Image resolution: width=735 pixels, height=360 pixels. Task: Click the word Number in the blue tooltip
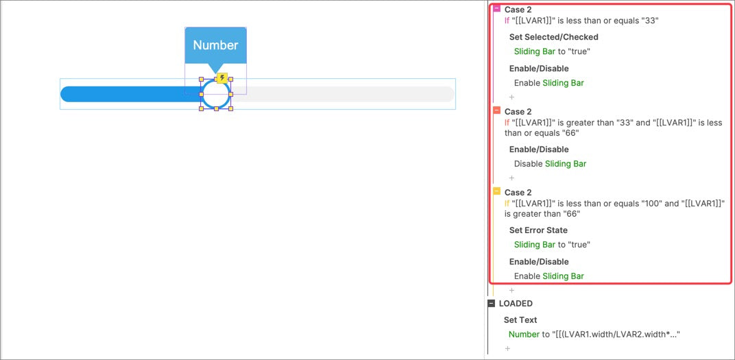click(x=215, y=45)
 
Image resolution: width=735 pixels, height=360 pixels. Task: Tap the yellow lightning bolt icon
click(x=222, y=77)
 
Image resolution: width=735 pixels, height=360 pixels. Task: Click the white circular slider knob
click(x=216, y=94)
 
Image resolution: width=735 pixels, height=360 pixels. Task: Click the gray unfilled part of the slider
click(x=342, y=94)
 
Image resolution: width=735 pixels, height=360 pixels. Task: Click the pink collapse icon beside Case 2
click(x=496, y=9)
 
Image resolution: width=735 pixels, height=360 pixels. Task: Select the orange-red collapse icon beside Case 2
click(x=496, y=110)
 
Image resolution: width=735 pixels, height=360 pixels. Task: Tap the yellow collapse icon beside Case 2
click(x=496, y=191)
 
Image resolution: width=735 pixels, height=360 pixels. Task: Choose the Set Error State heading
click(x=538, y=230)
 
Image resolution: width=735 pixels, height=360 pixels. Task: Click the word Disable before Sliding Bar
click(x=528, y=164)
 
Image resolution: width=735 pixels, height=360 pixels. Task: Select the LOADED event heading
click(x=516, y=303)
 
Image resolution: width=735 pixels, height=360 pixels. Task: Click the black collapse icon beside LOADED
click(x=491, y=303)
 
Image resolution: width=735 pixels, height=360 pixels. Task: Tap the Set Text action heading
click(x=520, y=320)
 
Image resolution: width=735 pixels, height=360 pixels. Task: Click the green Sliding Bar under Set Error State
click(x=534, y=245)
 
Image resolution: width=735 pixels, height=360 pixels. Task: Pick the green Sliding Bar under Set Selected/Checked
click(x=534, y=51)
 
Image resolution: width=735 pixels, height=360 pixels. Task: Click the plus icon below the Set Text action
click(x=507, y=349)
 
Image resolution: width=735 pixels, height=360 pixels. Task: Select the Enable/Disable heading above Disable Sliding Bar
click(x=539, y=149)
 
